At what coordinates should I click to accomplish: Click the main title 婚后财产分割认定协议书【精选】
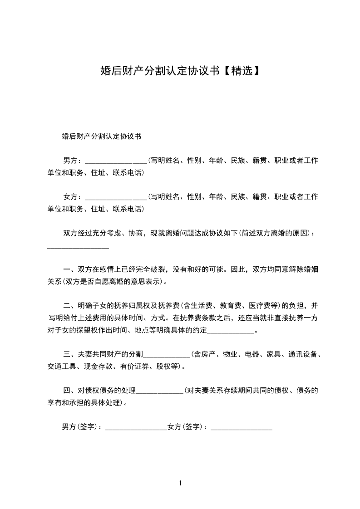click(180, 70)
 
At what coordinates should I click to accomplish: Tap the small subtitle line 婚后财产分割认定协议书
click(101, 136)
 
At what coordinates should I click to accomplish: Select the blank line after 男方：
click(116, 162)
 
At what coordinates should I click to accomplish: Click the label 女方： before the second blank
click(73, 197)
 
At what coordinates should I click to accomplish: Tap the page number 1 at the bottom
click(180, 483)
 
